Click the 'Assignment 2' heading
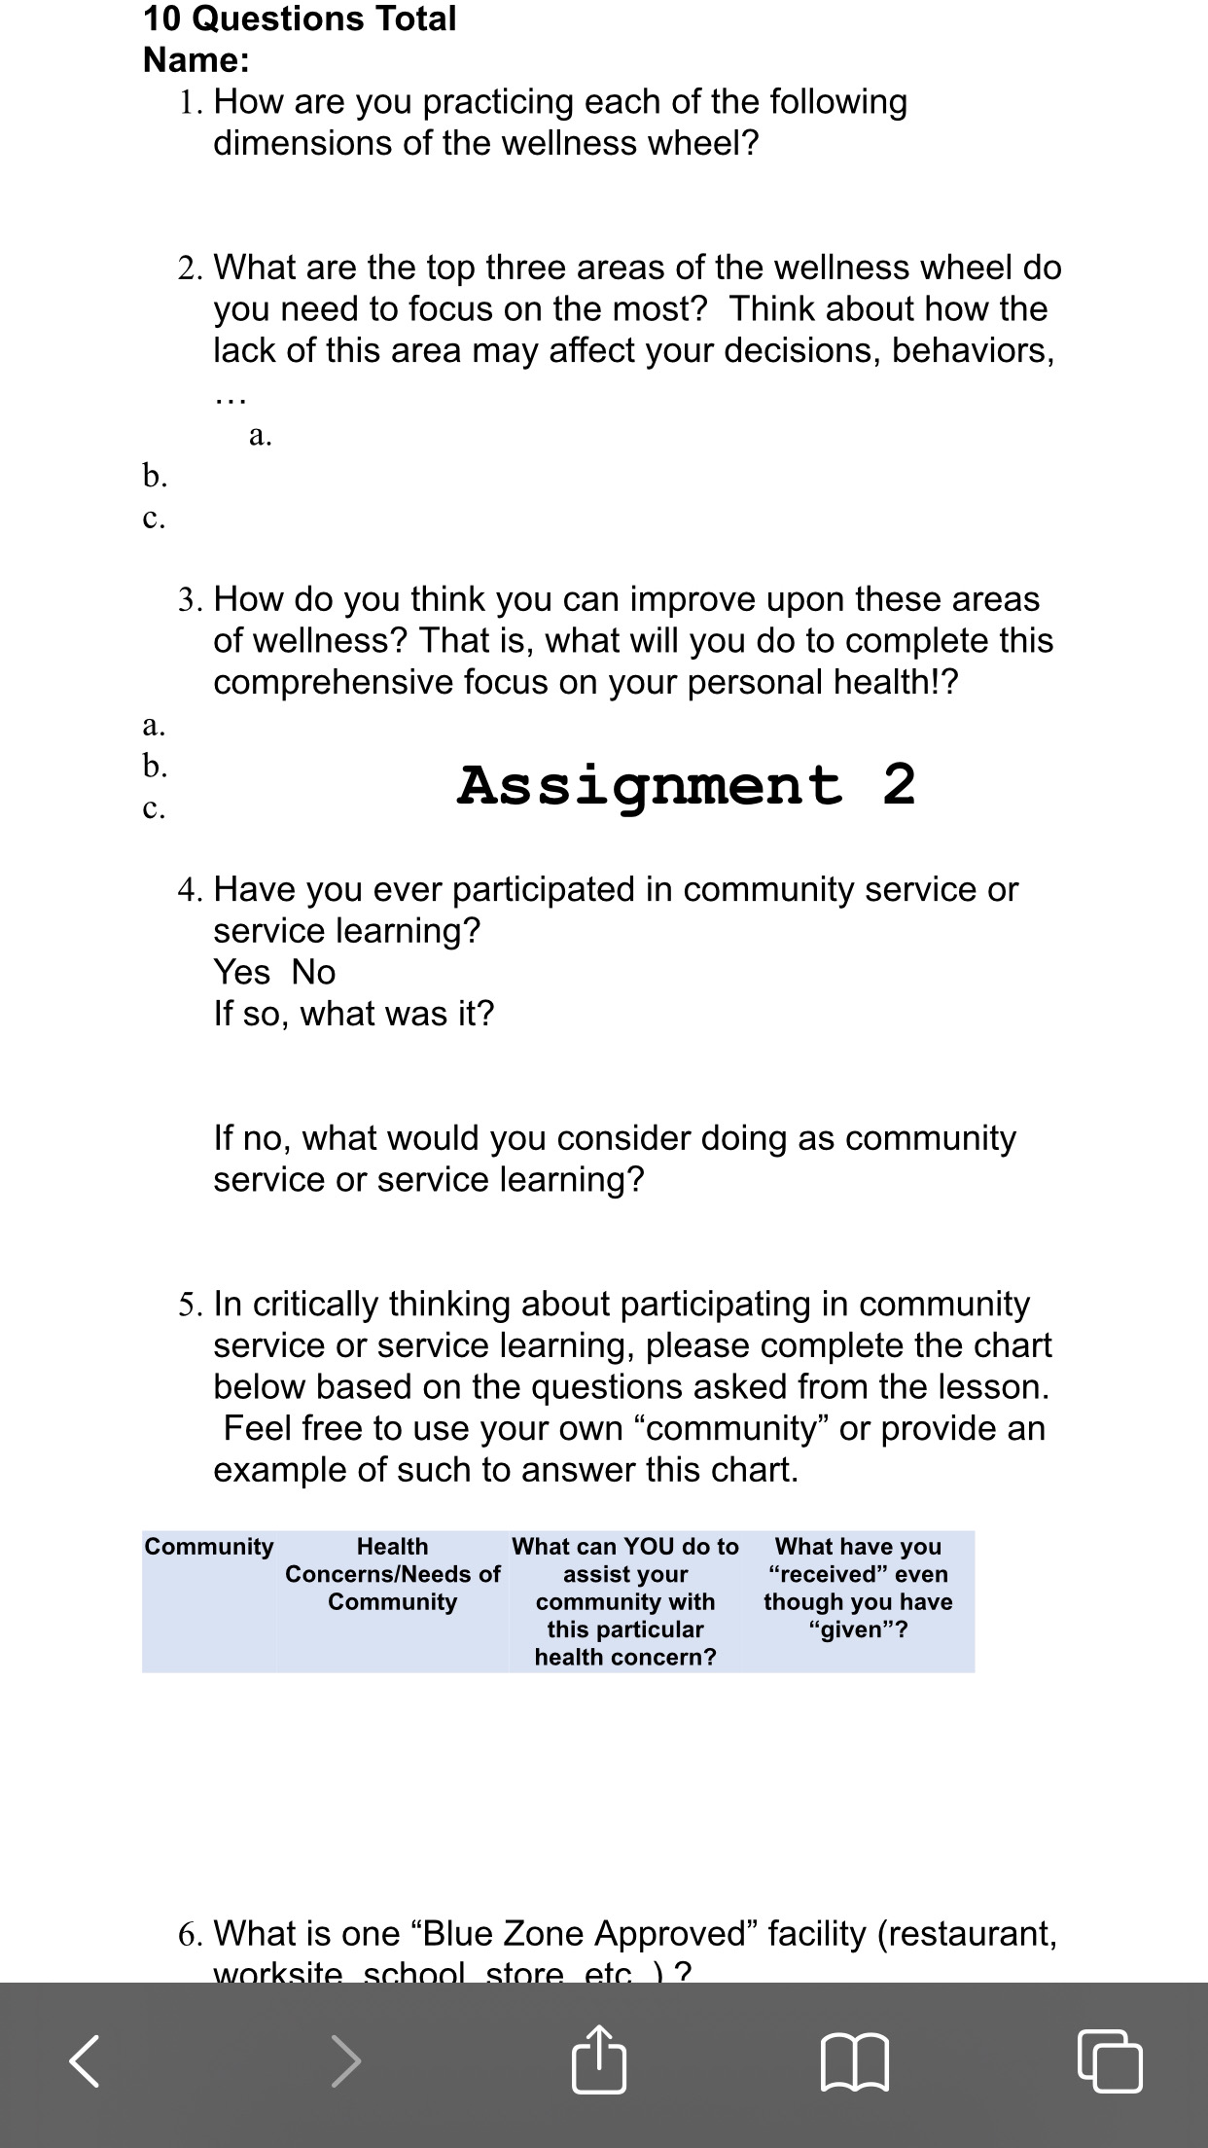click(686, 785)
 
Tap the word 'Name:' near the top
click(196, 60)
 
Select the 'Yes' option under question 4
click(241, 972)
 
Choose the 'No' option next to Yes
click(313, 972)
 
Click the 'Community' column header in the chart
click(209, 1547)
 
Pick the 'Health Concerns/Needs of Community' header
click(392, 1574)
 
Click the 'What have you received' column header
click(858, 1588)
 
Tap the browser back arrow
click(85, 2061)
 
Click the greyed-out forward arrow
click(345, 2061)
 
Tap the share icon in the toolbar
click(598, 2059)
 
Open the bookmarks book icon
click(855, 2061)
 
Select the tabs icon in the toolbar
click(1110, 2061)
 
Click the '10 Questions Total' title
click(300, 18)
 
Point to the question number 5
click(190, 1305)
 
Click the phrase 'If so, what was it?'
click(354, 1014)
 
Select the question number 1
click(190, 102)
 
